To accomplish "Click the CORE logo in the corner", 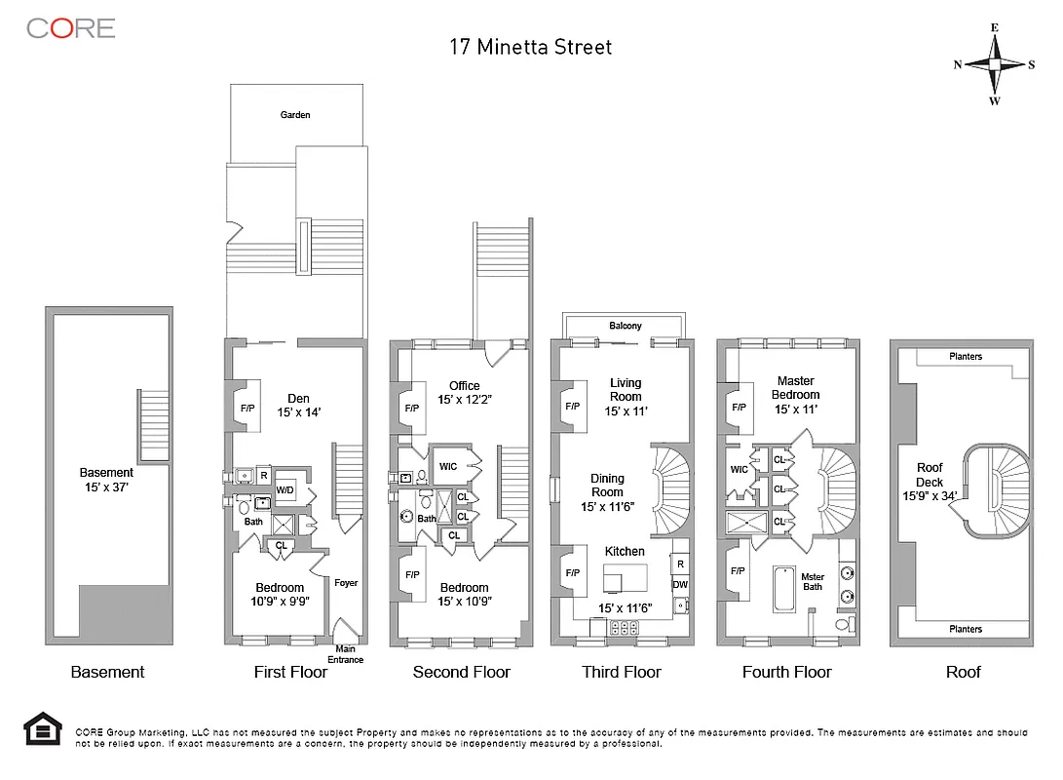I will tap(71, 28).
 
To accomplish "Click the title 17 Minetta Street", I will tap(530, 46).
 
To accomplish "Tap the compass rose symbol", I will tap(994, 64).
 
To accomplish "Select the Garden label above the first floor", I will tap(295, 115).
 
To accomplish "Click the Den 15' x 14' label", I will tap(298, 405).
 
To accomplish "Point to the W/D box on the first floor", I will tap(286, 489).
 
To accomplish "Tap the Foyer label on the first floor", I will tap(346, 583).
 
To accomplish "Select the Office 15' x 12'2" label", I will tap(464, 392).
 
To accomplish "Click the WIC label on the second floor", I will tap(448, 465).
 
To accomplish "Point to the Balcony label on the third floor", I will tap(625, 326).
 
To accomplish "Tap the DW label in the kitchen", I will tap(679, 584).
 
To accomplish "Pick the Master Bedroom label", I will tap(795, 387).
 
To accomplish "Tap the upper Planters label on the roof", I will tap(966, 357).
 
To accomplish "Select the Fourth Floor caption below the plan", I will tap(786, 672).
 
